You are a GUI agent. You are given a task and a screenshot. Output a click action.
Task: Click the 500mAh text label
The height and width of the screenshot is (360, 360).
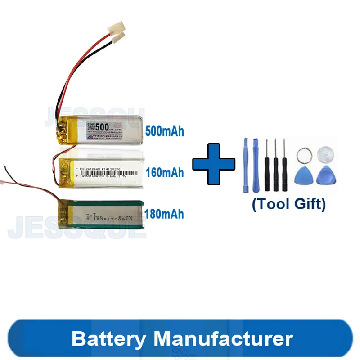(x=165, y=131)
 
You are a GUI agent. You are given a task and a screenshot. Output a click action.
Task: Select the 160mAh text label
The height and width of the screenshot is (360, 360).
(x=165, y=172)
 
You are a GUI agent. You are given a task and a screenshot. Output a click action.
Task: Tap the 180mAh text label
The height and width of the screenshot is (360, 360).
(x=165, y=213)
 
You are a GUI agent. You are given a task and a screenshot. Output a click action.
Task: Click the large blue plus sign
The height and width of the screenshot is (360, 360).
(x=214, y=164)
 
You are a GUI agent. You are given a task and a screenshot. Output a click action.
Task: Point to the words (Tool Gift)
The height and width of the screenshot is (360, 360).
(x=288, y=204)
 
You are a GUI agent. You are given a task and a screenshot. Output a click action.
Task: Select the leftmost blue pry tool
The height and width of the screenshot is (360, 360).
(x=246, y=164)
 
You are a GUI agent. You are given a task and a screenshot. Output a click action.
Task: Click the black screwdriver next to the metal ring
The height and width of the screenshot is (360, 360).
(x=284, y=164)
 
